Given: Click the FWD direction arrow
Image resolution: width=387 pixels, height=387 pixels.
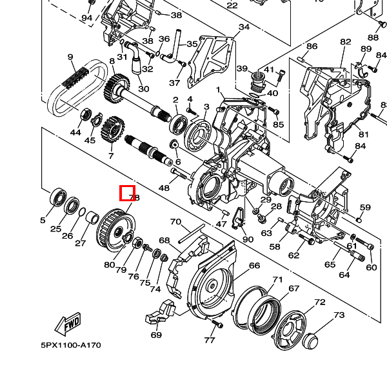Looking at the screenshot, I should [66, 325].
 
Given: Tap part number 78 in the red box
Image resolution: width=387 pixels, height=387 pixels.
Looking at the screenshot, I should [128, 193].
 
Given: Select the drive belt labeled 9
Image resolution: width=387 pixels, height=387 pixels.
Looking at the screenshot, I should [74, 87].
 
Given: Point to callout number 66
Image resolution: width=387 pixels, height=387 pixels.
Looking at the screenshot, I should [254, 266].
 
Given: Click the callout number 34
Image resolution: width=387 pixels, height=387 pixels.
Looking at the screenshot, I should [244, 27].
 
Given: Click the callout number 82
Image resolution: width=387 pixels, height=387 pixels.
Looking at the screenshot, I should [346, 43].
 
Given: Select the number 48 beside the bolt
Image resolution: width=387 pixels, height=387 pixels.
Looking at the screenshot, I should [164, 188].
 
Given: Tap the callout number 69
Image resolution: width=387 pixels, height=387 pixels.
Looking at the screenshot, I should [156, 335].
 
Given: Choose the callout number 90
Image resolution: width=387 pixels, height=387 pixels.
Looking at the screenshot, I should [248, 239].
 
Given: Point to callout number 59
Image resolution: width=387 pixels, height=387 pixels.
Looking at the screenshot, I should [365, 207].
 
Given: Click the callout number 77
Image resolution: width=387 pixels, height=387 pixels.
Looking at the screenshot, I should [209, 340].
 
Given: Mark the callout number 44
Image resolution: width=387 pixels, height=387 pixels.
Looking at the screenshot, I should [75, 133].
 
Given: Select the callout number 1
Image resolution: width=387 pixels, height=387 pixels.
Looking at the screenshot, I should [219, 90].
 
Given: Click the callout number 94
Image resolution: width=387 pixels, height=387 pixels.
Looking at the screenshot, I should [86, 17].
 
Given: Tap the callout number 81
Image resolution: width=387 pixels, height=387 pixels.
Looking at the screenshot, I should [364, 134].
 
